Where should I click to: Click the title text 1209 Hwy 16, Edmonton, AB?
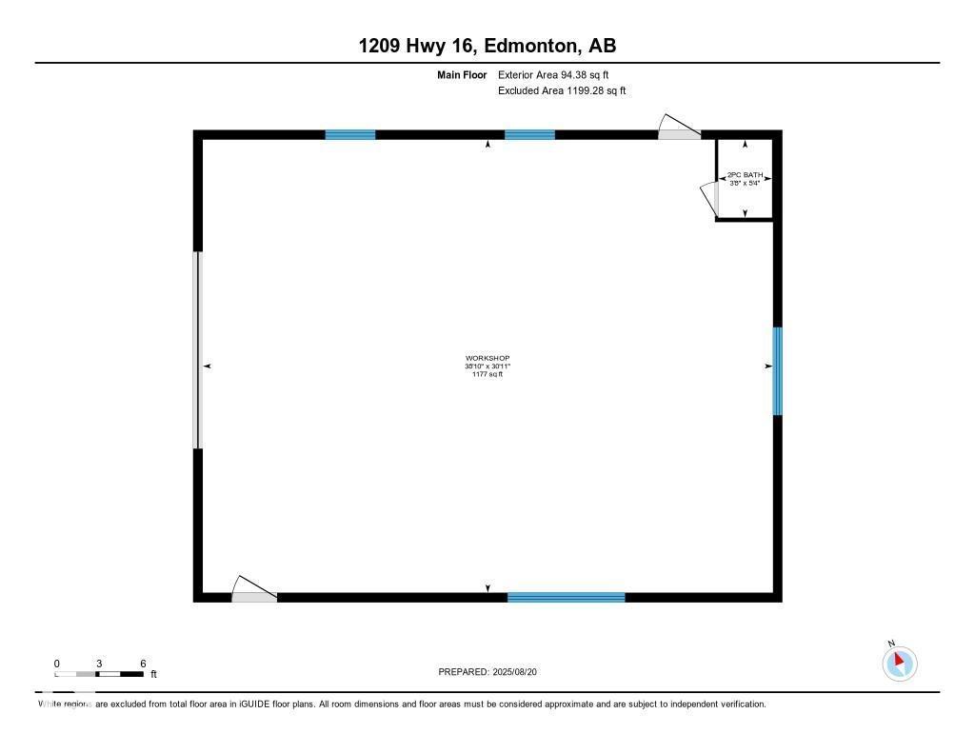(x=487, y=46)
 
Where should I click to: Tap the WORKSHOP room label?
(x=487, y=358)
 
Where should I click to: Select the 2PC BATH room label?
(x=745, y=175)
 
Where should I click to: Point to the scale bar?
(x=99, y=674)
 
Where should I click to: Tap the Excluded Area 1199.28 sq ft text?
(x=562, y=91)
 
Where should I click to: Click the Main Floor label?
(x=462, y=74)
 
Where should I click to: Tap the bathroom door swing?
(x=708, y=198)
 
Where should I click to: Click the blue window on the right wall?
(x=777, y=371)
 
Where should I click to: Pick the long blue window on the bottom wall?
(x=566, y=597)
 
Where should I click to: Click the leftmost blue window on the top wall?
(x=350, y=135)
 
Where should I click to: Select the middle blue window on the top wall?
(x=529, y=135)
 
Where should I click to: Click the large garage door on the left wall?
(x=198, y=350)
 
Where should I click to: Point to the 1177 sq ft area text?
(x=487, y=374)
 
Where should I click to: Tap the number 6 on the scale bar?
(x=143, y=663)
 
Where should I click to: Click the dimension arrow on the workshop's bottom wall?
(x=488, y=588)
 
